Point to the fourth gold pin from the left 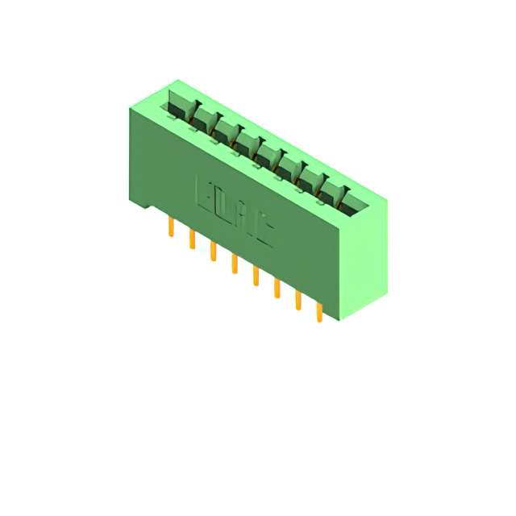coord(235,264)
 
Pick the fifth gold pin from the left coord(256,276)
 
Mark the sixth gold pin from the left coord(277,288)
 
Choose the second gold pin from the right coord(298,300)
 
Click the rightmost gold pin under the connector coord(319,313)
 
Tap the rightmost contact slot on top coord(356,204)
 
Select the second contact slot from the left coord(204,119)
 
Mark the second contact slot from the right coord(334,192)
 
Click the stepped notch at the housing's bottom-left coord(142,203)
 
